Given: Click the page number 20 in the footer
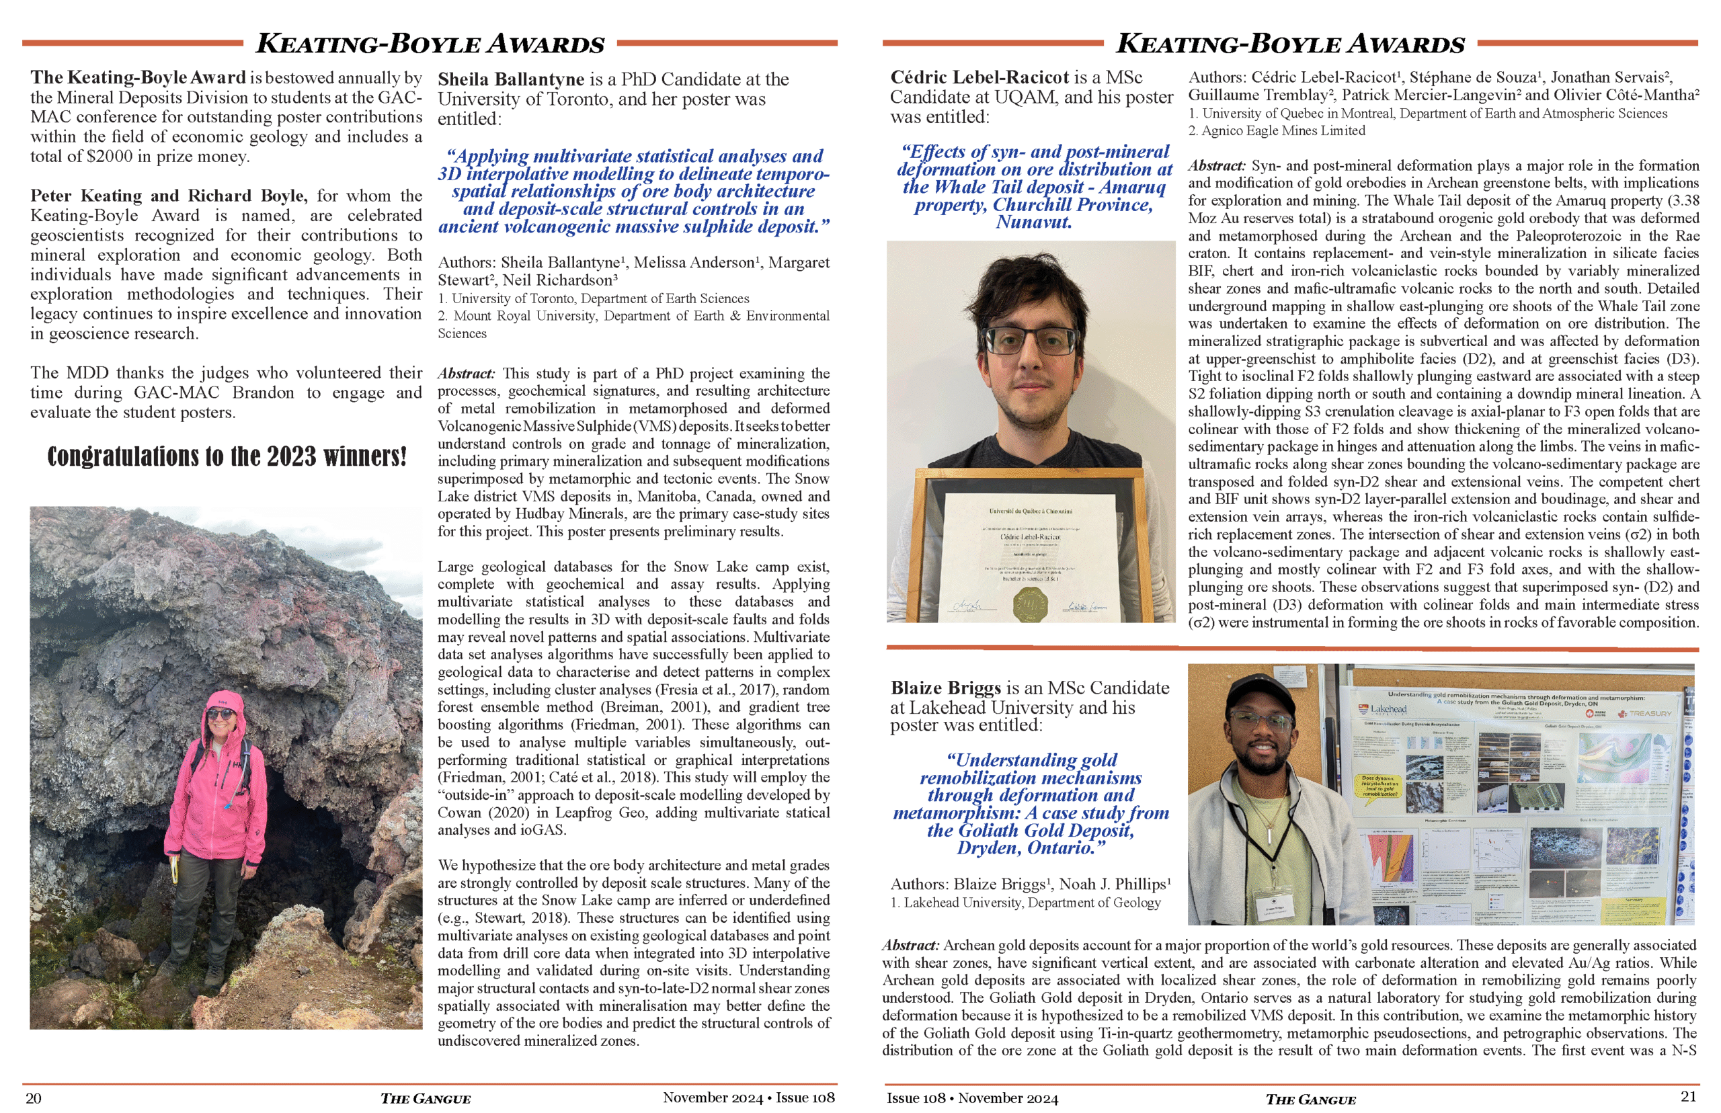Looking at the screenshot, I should pos(33,1098).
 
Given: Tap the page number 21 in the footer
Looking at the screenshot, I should pos(1688,1096).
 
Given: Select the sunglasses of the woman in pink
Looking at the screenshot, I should pos(221,714).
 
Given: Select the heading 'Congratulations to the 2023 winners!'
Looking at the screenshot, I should pos(227,456).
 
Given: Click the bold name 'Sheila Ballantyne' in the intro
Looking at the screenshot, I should pos(510,79).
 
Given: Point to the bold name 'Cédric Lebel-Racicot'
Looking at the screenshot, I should pos(979,77).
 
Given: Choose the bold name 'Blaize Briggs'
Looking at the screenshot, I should pos(945,688).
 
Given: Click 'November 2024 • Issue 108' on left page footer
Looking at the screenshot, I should pos(748,1098).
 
